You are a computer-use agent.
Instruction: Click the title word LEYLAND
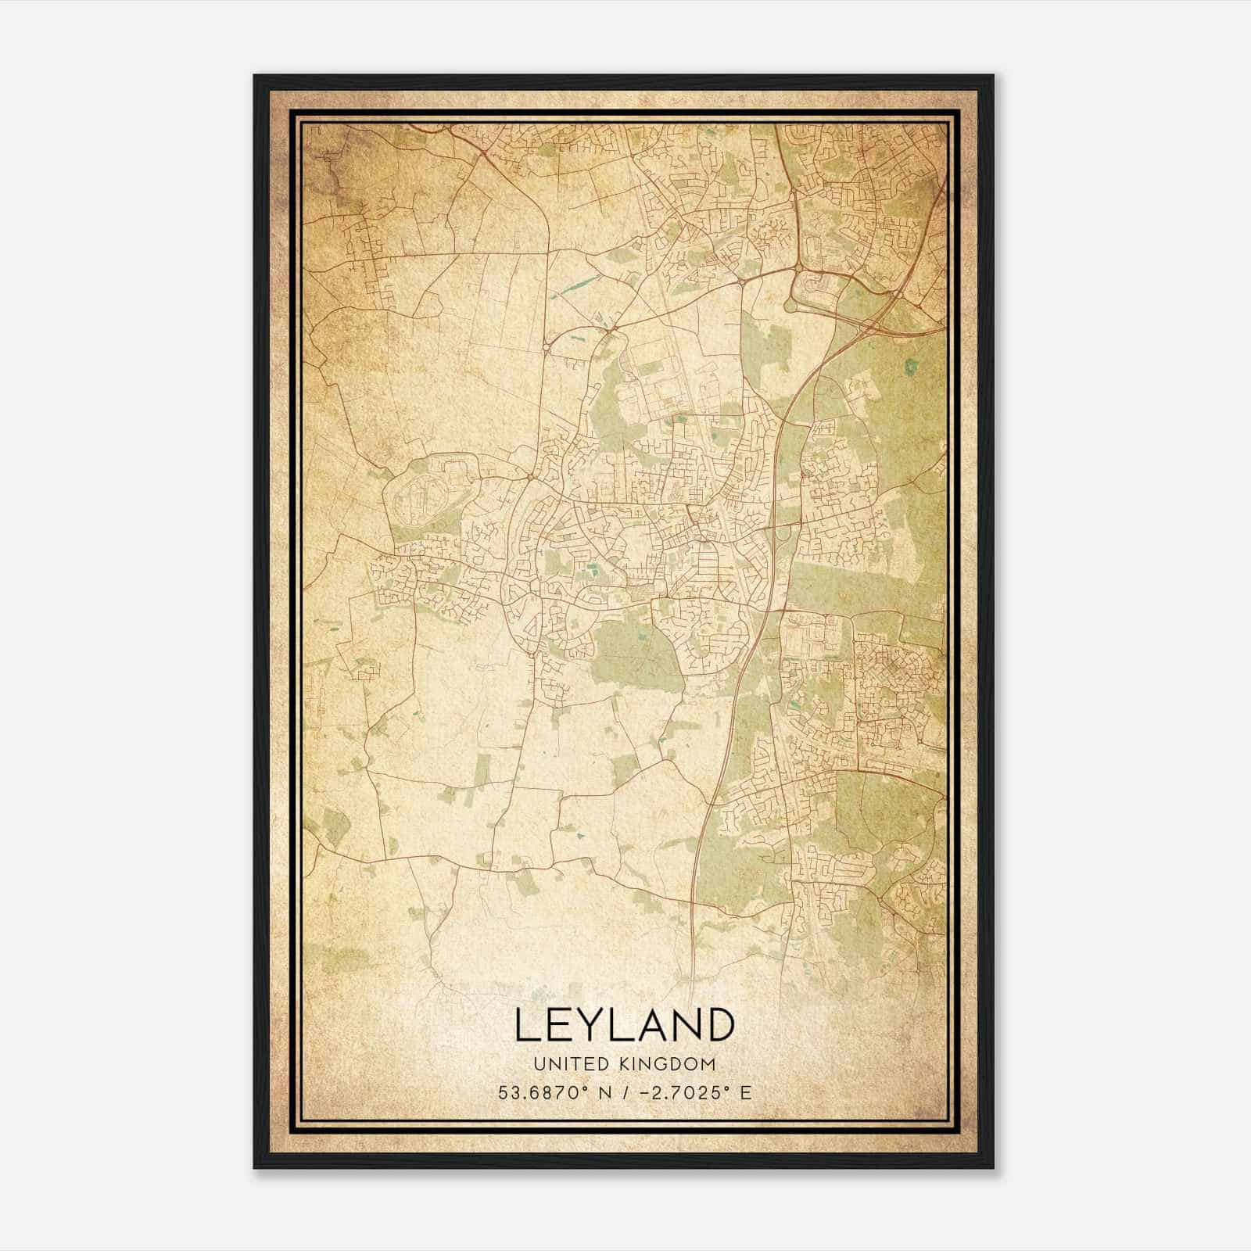[625, 1025]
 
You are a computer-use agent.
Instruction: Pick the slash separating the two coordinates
[622, 1092]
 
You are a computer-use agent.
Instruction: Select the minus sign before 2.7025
[643, 1092]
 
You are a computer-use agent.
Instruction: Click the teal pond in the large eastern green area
[909, 365]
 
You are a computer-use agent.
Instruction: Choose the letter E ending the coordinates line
[746, 1092]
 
